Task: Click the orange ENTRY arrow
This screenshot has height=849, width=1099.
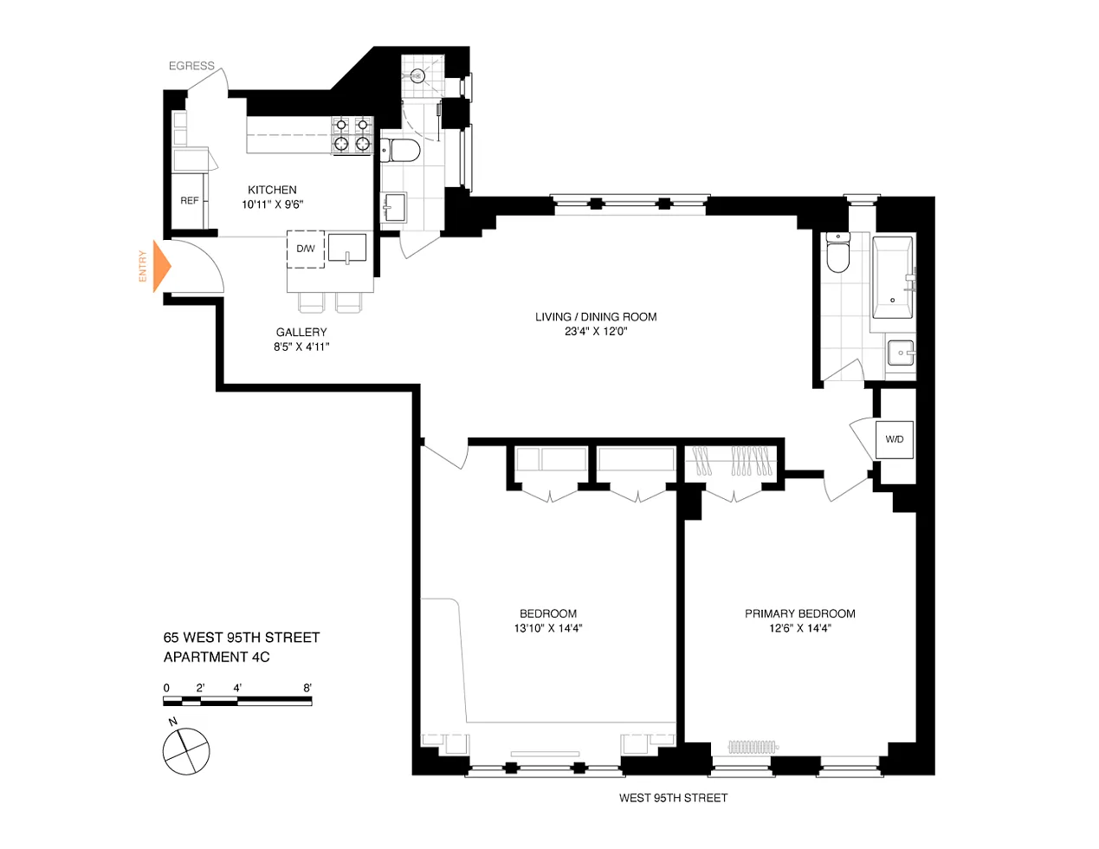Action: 162,266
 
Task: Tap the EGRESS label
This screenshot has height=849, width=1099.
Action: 191,66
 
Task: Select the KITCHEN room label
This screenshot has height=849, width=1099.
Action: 272,190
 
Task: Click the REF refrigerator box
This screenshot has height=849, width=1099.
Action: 190,200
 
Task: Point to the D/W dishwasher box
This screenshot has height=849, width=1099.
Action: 306,249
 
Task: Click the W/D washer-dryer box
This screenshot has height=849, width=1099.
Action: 894,439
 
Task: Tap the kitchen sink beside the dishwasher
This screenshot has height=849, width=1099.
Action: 347,248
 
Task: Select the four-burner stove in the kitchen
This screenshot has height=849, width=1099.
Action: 352,135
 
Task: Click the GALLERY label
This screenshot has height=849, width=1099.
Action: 301,332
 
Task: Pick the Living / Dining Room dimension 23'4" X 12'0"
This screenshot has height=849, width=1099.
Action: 596,332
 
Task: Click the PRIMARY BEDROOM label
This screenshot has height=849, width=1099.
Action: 800,613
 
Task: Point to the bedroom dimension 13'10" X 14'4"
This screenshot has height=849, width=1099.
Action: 548,628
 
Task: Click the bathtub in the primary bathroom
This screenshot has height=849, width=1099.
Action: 893,277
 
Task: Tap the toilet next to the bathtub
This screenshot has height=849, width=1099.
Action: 838,252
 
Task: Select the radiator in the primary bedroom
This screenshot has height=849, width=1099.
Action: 753,746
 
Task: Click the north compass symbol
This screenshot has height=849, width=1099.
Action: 186,751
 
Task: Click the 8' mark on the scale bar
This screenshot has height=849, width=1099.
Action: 307,688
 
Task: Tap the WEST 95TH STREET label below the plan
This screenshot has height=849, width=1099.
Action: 673,798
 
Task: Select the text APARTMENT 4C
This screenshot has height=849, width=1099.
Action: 217,658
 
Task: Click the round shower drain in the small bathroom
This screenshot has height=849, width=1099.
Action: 417,76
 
